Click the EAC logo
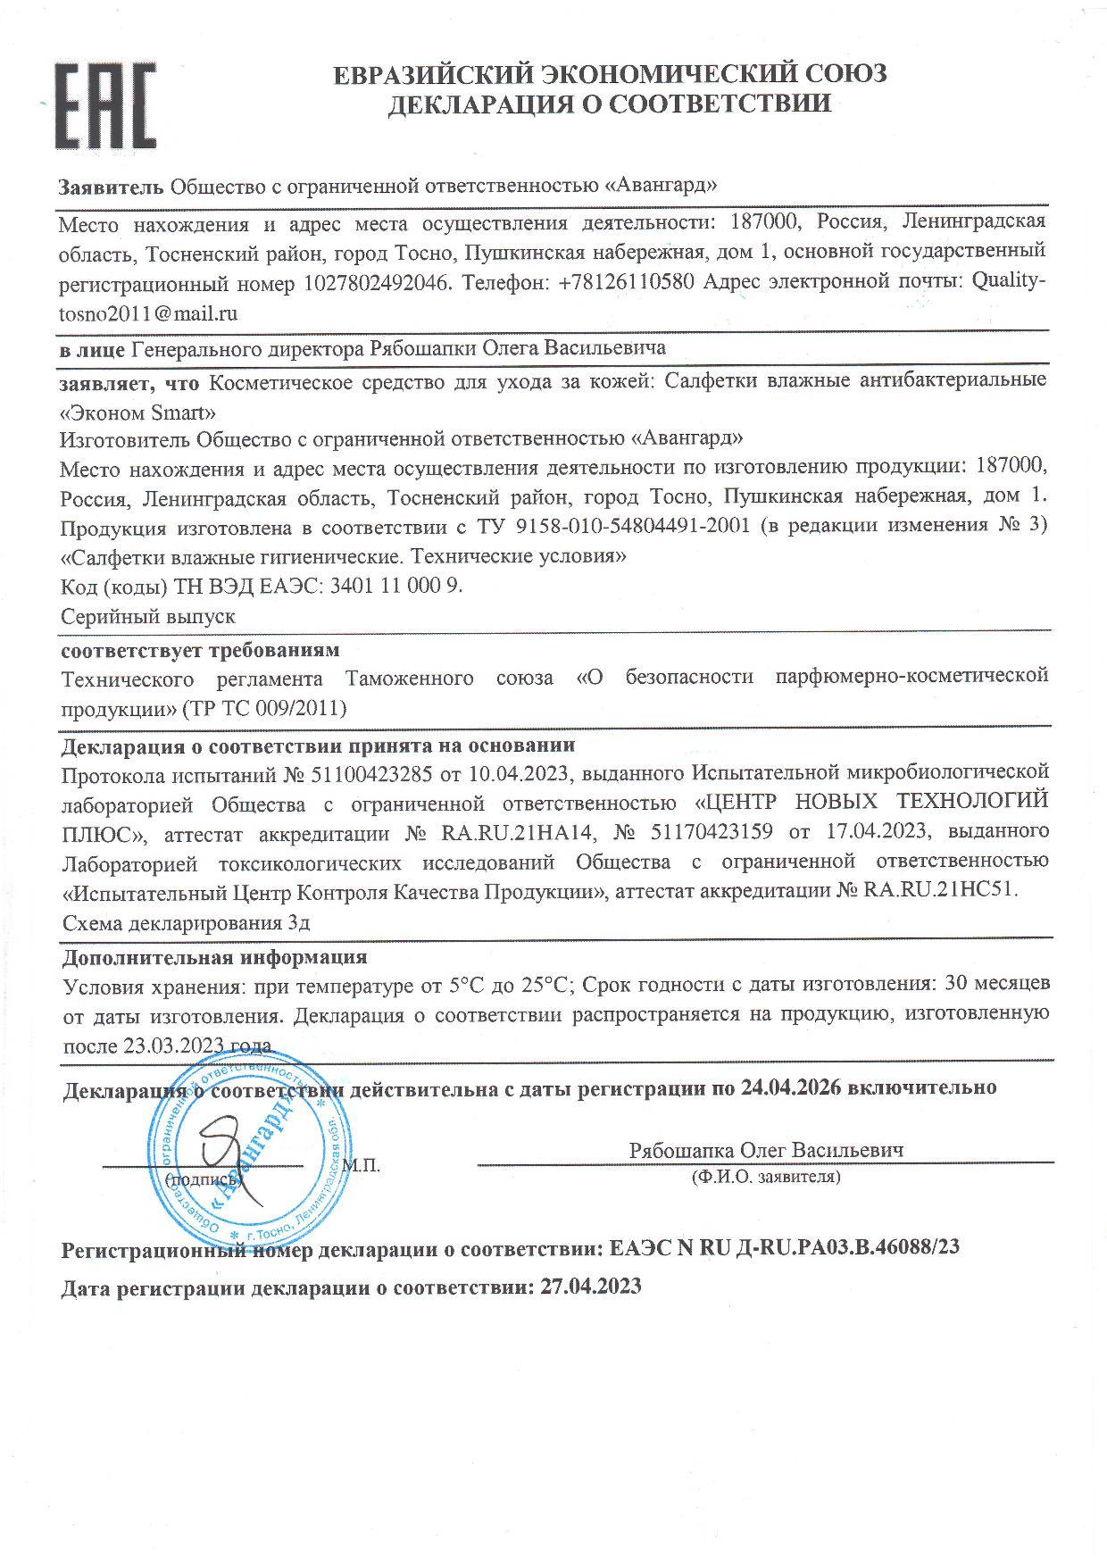(x=106, y=106)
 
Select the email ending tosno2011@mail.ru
(x=148, y=313)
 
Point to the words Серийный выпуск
(x=148, y=616)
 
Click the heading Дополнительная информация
(x=214, y=957)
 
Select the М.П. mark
(x=361, y=1165)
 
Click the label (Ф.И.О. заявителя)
(x=765, y=1177)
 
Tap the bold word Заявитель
(x=112, y=187)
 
